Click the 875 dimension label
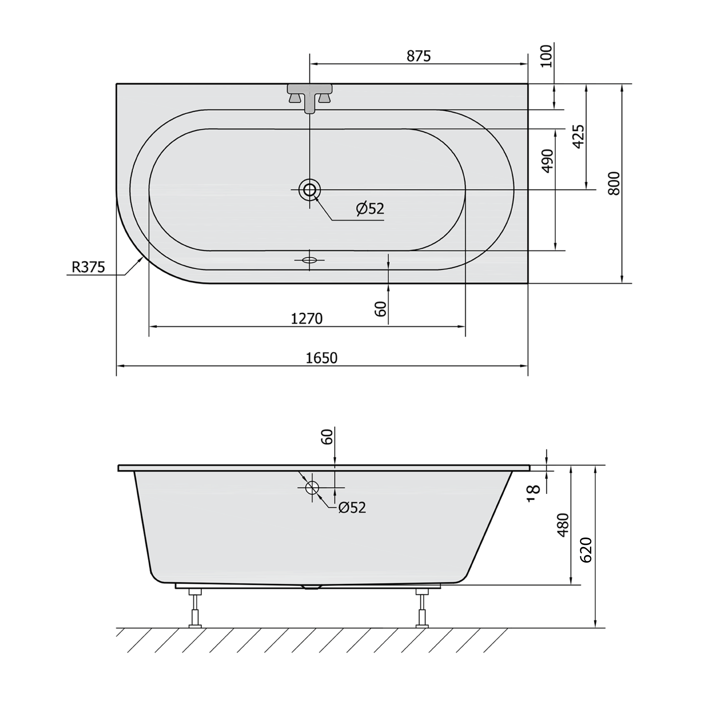click(x=419, y=56)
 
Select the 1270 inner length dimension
click(x=307, y=318)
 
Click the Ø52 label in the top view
click(x=370, y=209)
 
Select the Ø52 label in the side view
click(x=352, y=508)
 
